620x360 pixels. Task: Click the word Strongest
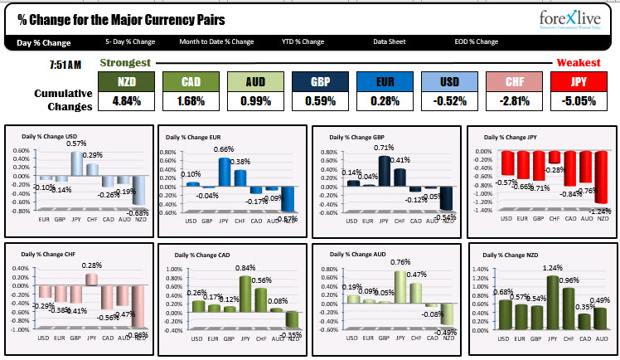pos(125,62)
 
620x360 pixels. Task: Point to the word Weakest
pos(578,62)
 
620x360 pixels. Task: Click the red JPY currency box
pos(578,81)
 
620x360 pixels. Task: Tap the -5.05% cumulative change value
pos(578,101)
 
